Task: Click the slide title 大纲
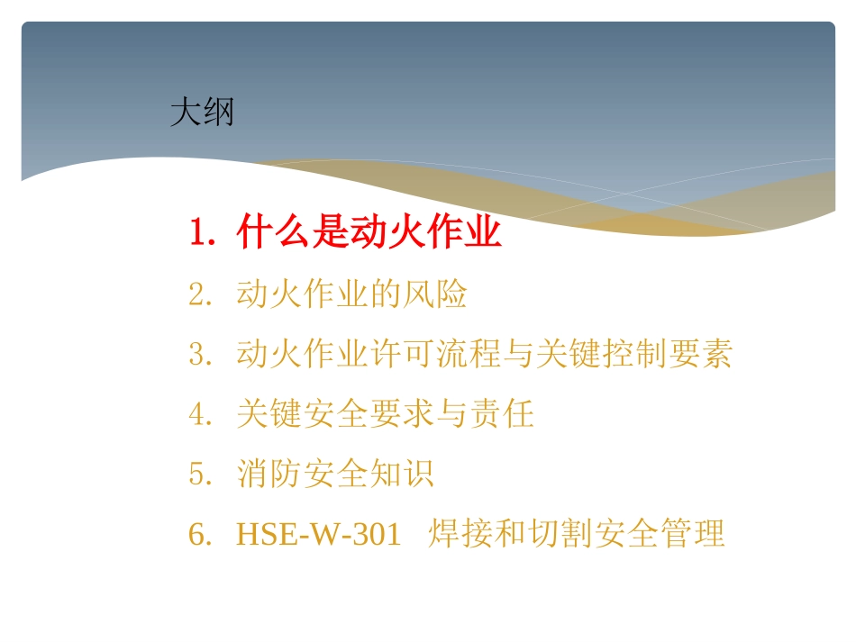[x=202, y=113]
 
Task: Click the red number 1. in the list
[x=202, y=234]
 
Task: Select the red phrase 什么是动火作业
[x=369, y=234]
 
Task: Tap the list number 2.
[x=199, y=294]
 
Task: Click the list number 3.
[x=199, y=354]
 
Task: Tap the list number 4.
[x=199, y=413]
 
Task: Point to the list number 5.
[x=199, y=474]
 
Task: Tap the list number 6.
[x=199, y=534]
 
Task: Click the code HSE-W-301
[x=318, y=534]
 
